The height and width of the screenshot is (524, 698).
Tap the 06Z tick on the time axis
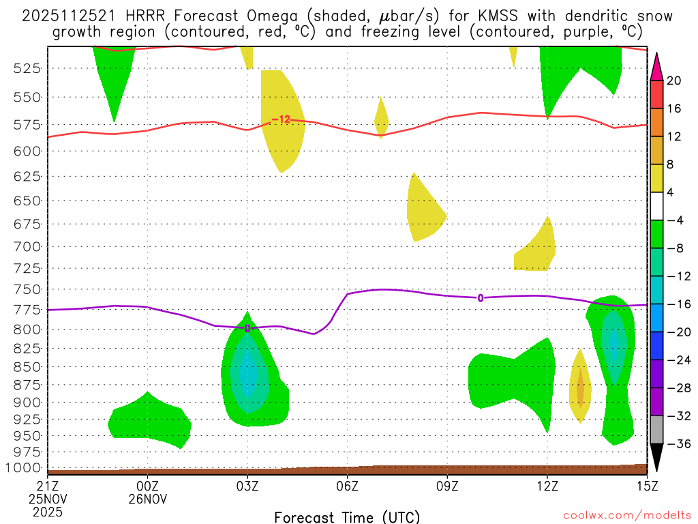coord(348,486)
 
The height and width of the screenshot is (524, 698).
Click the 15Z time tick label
coord(647,486)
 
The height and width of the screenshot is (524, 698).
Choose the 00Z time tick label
coord(149,486)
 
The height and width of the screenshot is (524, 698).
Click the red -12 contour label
coord(281,119)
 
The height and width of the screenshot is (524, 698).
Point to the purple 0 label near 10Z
coord(481,297)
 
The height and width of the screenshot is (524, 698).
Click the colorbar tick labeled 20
coord(674,81)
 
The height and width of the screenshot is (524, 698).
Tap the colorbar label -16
coord(674,304)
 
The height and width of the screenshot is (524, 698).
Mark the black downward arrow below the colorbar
coord(656,458)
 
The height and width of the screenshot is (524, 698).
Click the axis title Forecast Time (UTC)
coord(347,516)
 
